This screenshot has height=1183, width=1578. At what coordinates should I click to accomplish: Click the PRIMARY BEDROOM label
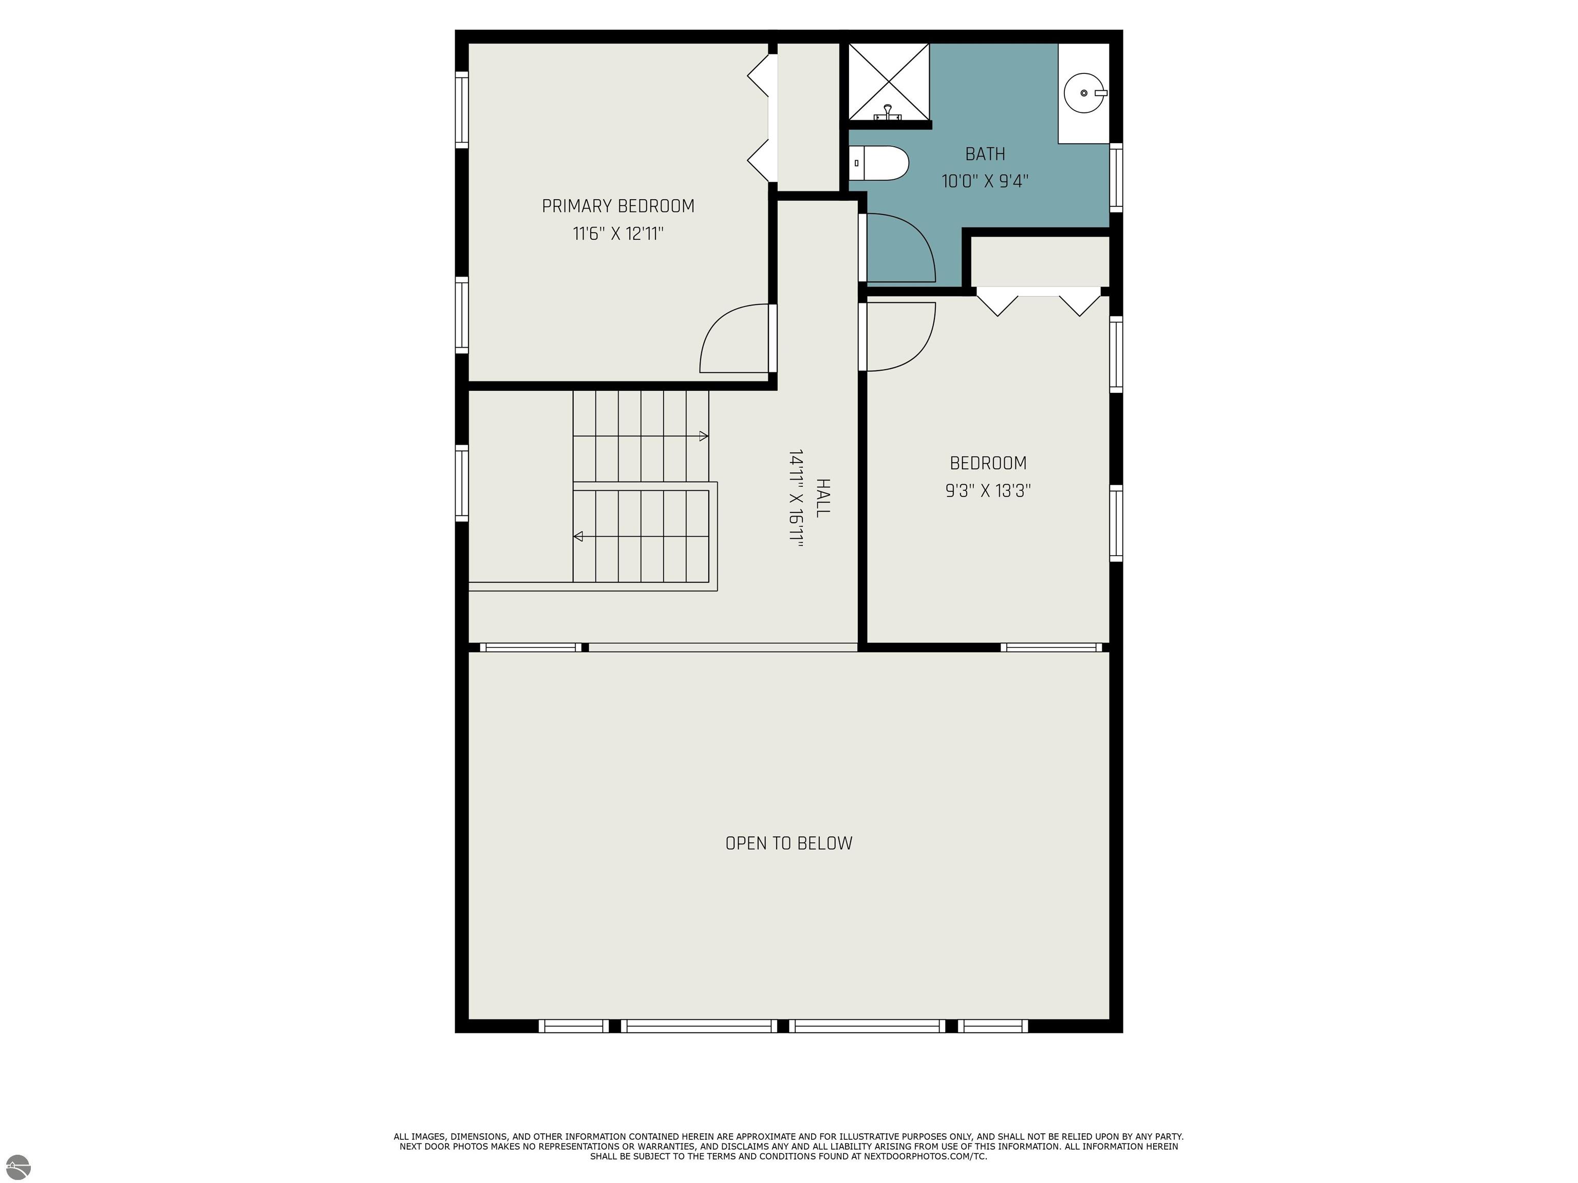[618, 206]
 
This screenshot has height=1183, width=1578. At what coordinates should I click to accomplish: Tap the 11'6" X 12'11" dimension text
[618, 234]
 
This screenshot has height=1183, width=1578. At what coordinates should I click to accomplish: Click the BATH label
[985, 154]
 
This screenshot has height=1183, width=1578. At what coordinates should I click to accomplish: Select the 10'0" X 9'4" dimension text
[985, 181]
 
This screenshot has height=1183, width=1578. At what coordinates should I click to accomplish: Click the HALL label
[822, 498]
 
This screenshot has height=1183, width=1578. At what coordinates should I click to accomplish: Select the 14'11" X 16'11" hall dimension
[796, 498]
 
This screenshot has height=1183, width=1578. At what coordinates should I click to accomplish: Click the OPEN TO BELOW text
[788, 843]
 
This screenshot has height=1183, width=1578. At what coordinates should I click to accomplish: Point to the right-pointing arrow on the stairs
[703, 436]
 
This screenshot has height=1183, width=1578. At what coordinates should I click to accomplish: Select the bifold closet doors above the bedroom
[1038, 299]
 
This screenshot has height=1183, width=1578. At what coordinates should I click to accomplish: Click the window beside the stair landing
[462, 483]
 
